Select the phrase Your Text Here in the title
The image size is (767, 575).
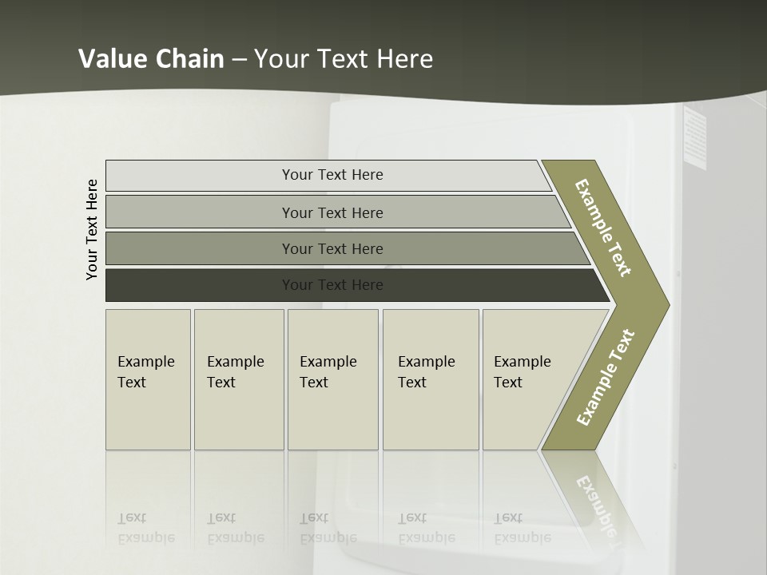point(344,59)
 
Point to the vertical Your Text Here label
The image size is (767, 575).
point(92,230)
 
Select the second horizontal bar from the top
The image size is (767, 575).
point(332,212)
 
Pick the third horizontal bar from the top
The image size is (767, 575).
point(332,249)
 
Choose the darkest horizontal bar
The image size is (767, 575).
point(332,285)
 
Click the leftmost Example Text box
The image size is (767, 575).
point(148,379)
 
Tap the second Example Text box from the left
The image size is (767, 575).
point(239,379)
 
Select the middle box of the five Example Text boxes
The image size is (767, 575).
point(332,379)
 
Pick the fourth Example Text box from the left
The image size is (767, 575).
point(431,379)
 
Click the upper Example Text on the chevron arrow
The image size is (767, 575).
point(603,228)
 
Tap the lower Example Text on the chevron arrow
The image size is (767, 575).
point(605,377)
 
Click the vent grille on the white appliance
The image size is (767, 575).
point(695,138)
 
